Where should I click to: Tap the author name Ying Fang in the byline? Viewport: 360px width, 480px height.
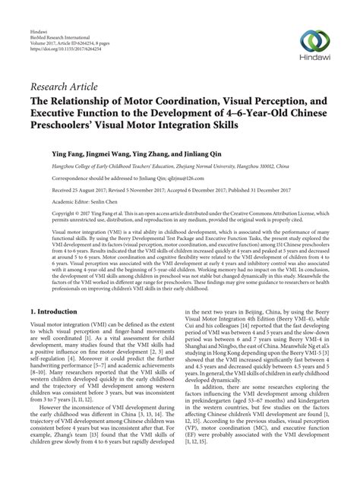[68, 152]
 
